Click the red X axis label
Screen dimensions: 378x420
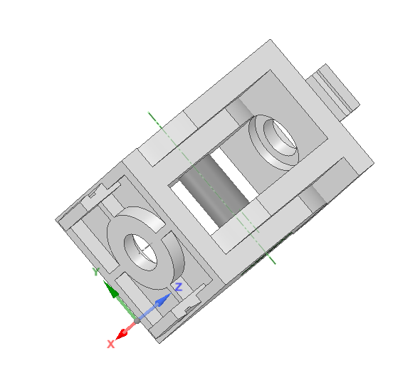[110, 344]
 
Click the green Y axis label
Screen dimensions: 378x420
[95, 271]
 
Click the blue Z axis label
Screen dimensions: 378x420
[179, 287]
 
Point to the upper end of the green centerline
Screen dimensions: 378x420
[149, 112]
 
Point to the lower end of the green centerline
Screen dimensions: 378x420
[275, 264]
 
